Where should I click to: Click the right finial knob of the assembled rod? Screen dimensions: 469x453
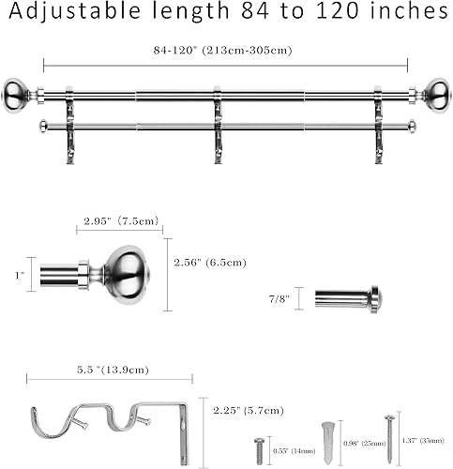[x=436, y=93]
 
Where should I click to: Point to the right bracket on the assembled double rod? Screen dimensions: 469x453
[x=379, y=127]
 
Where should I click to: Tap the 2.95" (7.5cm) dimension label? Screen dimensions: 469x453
[x=119, y=221]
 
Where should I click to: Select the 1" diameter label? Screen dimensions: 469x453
[x=20, y=276]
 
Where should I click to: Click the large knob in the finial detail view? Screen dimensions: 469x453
[x=127, y=273]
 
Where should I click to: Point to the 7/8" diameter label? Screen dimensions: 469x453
[x=279, y=298]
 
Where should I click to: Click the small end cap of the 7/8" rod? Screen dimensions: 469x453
[x=374, y=299]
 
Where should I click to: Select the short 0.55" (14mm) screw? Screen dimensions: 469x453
[x=258, y=448]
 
